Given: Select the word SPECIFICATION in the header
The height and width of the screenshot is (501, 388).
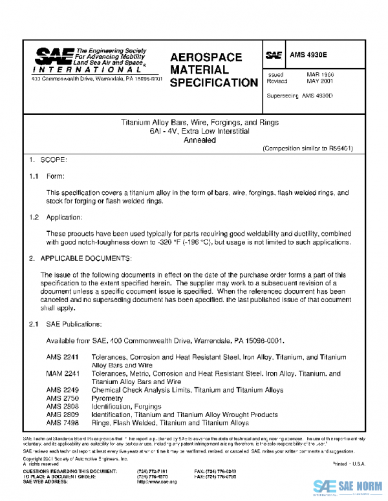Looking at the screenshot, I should [214, 83].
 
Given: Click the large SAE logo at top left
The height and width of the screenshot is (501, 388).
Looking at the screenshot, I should [53, 56].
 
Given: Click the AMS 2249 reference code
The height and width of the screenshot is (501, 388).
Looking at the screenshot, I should [62, 390].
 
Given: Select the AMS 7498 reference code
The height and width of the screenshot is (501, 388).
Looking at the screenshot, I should [62, 424].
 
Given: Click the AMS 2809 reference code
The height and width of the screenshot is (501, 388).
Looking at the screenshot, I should [62, 415].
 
